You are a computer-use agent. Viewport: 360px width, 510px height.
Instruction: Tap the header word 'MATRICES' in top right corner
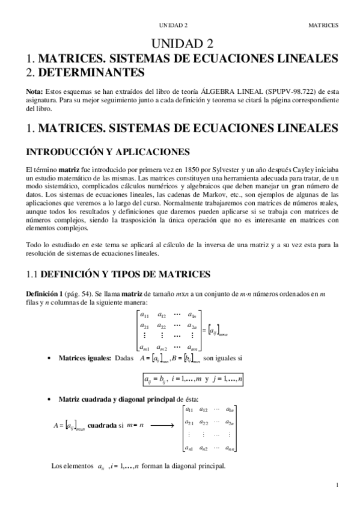[323, 26]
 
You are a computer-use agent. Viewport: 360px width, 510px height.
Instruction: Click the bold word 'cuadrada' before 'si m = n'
[103, 425]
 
